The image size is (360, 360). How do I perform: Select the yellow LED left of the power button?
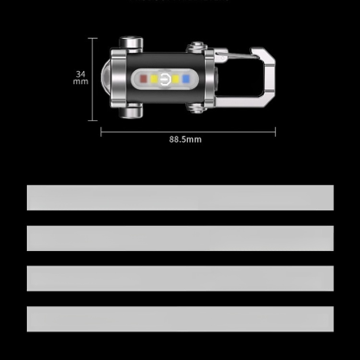152,80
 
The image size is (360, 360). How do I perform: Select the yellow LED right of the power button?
176,80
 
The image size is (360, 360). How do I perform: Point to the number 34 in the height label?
80,74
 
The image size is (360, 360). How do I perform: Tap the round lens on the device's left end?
109,80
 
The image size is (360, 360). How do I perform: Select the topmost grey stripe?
180,198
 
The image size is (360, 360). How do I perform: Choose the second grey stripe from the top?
180,238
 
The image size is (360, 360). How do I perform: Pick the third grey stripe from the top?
180,278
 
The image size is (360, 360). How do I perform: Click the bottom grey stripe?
180,318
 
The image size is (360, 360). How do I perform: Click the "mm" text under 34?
80,85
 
